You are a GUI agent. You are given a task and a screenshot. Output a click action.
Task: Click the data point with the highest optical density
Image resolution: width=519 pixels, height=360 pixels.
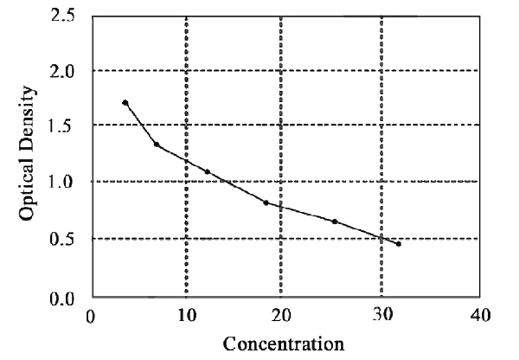tap(125, 103)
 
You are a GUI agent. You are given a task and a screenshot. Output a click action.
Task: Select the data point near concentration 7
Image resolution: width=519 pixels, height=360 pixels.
tap(157, 144)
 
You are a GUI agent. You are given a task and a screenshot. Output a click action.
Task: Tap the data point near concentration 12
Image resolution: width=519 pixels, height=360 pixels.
tap(208, 171)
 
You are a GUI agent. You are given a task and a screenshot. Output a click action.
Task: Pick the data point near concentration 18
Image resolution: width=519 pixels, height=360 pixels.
tap(266, 202)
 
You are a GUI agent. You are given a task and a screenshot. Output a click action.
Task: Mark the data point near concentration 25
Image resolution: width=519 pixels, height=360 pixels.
tap(335, 222)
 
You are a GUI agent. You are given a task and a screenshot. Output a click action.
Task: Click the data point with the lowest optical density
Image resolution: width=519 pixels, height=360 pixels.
tap(399, 244)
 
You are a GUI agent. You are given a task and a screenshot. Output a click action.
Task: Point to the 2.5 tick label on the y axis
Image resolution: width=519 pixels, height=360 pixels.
tap(61, 15)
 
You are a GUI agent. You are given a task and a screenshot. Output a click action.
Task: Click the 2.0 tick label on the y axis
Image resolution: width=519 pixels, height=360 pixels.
tap(61, 70)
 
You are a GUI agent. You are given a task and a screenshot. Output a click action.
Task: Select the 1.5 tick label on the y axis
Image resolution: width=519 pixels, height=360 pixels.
tap(61, 125)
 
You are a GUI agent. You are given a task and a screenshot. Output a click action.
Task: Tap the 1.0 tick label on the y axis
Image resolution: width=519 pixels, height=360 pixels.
tap(61, 182)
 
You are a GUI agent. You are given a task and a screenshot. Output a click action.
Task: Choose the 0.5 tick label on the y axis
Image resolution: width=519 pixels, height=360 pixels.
tap(61, 238)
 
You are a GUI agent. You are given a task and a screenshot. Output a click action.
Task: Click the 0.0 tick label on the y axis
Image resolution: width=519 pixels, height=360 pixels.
tap(61, 299)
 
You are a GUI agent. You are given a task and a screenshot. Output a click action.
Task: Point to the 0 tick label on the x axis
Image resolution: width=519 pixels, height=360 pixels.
tap(90, 316)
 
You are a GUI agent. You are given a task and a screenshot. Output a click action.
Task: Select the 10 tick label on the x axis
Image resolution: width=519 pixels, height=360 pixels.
tap(186, 316)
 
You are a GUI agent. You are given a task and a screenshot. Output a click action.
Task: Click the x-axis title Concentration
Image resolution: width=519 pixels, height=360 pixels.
tap(283, 344)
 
